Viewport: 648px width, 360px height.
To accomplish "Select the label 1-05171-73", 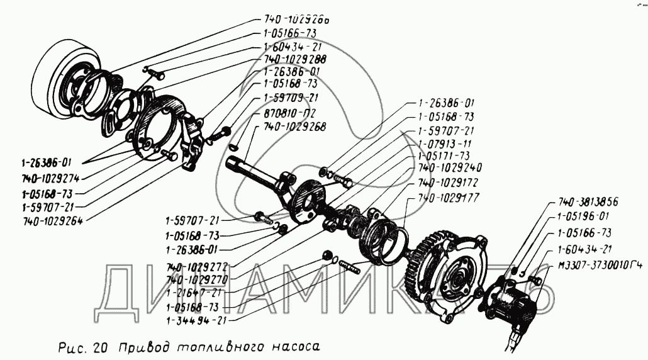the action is click(445, 155).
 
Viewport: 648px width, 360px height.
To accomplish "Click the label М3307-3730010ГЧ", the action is click(598, 265).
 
